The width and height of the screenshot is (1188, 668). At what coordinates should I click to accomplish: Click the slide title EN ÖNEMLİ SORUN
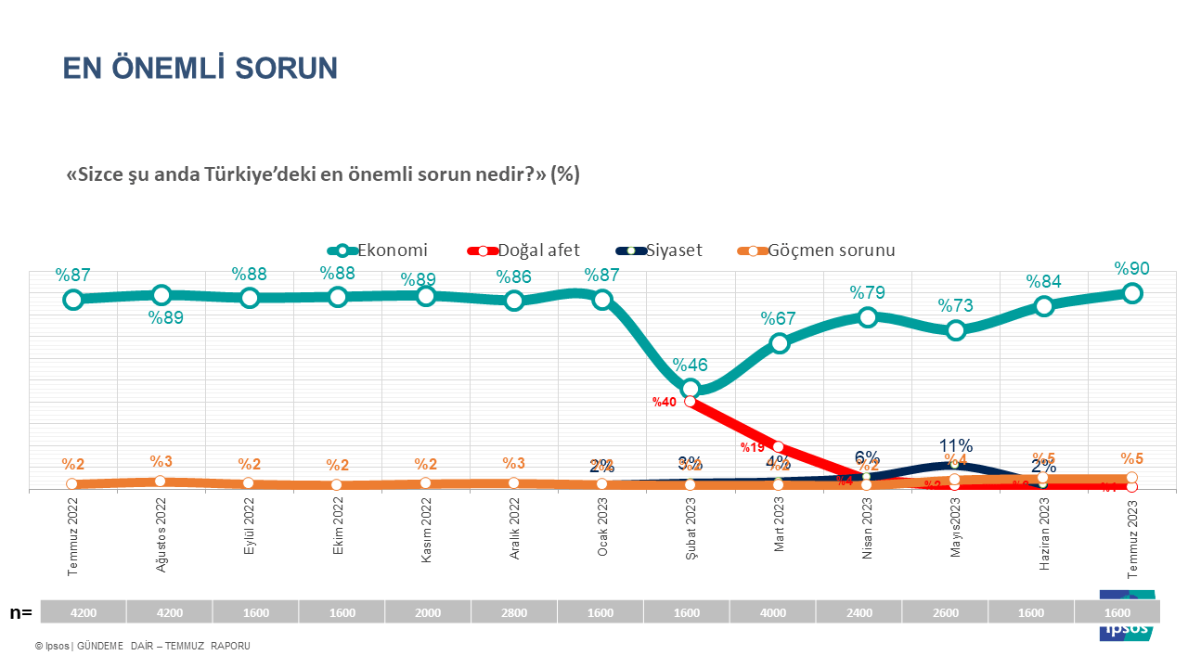pyautogui.click(x=200, y=68)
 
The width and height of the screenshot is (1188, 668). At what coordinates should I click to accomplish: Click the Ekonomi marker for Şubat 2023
pyautogui.click(x=690, y=388)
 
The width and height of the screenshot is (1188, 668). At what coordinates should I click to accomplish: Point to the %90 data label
pyautogui.click(x=1132, y=269)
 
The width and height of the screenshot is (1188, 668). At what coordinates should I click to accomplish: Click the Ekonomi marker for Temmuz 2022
pyautogui.click(x=72, y=300)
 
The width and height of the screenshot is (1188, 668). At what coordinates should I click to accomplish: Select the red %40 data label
pyautogui.click(x=664, y=403)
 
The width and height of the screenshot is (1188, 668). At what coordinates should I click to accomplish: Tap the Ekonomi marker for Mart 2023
pyautogui.click(x=779, y=343)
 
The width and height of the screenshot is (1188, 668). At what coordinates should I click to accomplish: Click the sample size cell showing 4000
pyautogui.click(x=772, y=613)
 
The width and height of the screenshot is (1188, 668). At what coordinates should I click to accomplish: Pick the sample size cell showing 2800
pyautogui.click(x=514, y=613)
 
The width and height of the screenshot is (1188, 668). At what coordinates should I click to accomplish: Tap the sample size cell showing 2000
pyautogui.click(x=428, y=613)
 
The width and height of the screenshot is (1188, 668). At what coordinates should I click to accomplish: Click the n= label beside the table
pyautogui.click(x=20, y=612)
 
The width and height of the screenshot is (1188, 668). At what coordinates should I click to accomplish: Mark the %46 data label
pyautogui.click(x=690, y=365)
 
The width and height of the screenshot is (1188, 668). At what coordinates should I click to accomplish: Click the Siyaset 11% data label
pyautogui.click(x=955, y=446)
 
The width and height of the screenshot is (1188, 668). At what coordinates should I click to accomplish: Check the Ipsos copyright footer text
pyautogui.click(x=143, y=646)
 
